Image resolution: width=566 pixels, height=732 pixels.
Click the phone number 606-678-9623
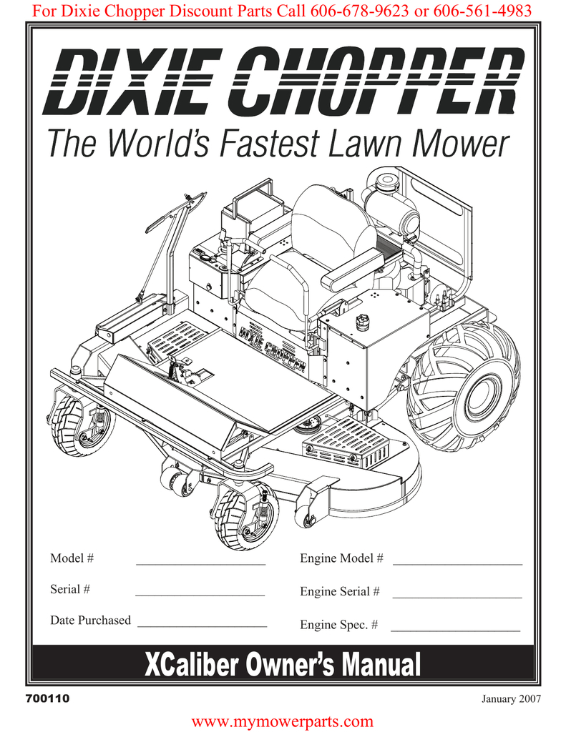tap(359, 10)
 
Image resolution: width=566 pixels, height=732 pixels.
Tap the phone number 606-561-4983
tap(482, 10)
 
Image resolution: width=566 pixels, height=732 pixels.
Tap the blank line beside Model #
tap(201, 565)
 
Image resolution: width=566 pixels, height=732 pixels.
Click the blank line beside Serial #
tap(200, 595)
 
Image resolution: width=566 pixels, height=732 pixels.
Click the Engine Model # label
tap(341, 558)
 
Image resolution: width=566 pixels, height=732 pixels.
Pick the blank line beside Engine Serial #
tap(457, 598)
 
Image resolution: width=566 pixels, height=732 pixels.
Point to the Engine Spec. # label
tap(339, 625)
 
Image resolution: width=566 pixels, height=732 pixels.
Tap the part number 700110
tap(48, 699)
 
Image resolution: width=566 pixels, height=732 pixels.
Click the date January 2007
tap(512, 699)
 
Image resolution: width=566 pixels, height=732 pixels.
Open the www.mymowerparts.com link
tap(283, 722)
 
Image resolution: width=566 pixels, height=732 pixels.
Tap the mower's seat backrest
tap(333, 223)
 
